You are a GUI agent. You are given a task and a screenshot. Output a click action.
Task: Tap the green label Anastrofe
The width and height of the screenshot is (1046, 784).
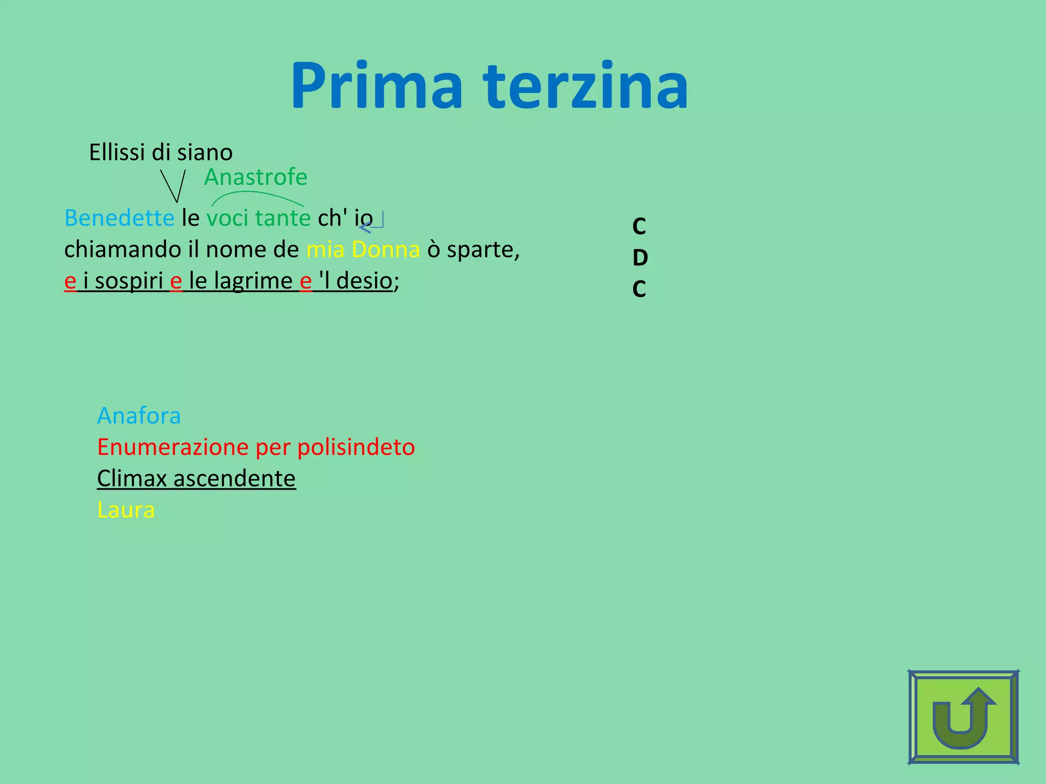tap(256, 177)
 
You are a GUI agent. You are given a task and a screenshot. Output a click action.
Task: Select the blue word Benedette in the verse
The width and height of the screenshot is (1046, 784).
tap(120, 218)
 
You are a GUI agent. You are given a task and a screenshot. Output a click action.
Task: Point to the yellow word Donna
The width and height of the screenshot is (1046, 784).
tap(386, 250)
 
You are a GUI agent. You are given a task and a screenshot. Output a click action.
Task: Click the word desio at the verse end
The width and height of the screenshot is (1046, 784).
tap(364, 281)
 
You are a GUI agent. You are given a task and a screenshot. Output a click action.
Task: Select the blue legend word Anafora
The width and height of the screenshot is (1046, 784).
tap(139, 415)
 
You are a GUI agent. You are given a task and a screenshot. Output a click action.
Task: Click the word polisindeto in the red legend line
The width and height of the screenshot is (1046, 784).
tap(356, 447)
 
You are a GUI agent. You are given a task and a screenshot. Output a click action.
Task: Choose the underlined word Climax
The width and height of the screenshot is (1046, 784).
tap(132, 478)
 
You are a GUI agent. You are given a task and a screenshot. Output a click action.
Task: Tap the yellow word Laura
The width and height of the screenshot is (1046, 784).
tap(126, 510)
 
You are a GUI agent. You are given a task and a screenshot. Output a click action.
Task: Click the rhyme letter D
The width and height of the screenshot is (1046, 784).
tap(640, 258)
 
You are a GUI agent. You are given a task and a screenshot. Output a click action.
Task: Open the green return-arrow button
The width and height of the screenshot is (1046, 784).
tap(963, 717)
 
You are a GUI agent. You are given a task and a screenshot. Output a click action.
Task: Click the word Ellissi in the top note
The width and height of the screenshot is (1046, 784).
tap(117, 152)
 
